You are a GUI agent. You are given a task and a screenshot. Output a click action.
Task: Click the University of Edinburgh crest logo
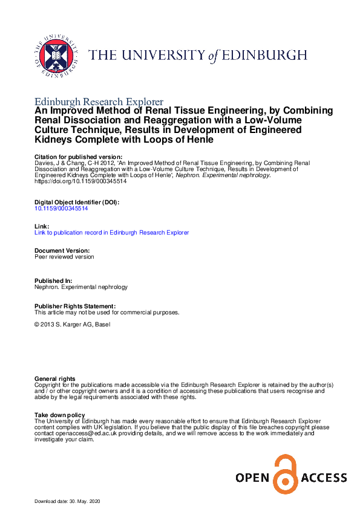pos(56,55)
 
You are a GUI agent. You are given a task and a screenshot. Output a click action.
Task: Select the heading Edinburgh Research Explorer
pos(99,102)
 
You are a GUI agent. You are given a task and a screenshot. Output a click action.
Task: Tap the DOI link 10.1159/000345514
pos(61,208)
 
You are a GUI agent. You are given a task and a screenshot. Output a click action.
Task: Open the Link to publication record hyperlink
pos(112,232)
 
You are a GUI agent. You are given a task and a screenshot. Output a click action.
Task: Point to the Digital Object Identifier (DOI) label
pos(77,202)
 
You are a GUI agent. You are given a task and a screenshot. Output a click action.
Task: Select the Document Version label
pos(62,250)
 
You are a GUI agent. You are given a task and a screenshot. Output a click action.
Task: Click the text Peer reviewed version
pos(65,256)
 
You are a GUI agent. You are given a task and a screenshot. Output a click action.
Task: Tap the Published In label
pos(53,281)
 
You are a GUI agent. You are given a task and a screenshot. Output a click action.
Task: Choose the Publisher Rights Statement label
pos(75,306)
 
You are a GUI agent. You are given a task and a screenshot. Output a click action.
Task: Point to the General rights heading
pos(55,378)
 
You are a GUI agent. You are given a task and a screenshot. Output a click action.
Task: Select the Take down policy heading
pos(60,415)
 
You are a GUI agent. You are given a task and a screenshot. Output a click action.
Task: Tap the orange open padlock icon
pos(282,474)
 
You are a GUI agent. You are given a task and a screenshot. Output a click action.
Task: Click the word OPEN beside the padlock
pos(252,478)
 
